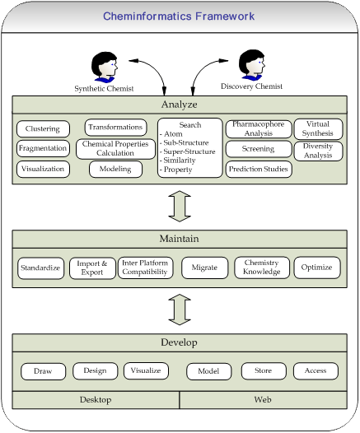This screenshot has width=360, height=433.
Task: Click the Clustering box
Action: [x=43, y=128]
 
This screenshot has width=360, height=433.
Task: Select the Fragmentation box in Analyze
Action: [x=43, y=148]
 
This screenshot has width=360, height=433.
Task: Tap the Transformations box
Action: [x=115, y=128]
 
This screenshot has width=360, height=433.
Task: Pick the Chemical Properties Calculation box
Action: [x=115, y=149]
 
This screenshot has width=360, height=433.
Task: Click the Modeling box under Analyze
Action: [x=115, y=169]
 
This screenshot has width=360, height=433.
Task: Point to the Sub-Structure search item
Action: [x=185, y=142]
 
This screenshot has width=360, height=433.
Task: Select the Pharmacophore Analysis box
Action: [x=259, y=129]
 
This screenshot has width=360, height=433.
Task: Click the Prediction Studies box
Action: [x=259, y=169]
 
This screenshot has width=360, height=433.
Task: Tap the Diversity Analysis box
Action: [x=318, y=151]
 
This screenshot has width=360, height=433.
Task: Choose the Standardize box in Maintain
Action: [x=40, y=268]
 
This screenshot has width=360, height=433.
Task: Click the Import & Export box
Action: [x=92, y=268]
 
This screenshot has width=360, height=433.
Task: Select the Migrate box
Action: [x=205, y=268]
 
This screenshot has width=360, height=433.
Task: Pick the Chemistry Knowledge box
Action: [x=262, y=268]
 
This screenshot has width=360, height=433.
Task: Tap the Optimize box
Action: [x=317, y=268]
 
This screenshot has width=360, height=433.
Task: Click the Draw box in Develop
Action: [x=43, y=371]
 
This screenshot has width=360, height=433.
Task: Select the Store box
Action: [x=264, y=371]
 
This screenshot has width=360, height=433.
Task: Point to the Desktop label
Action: [x=96, y=399]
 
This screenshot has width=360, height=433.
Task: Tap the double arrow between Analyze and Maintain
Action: [x=180, y=206]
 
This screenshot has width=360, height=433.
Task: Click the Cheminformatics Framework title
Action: [x=179, y=16]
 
